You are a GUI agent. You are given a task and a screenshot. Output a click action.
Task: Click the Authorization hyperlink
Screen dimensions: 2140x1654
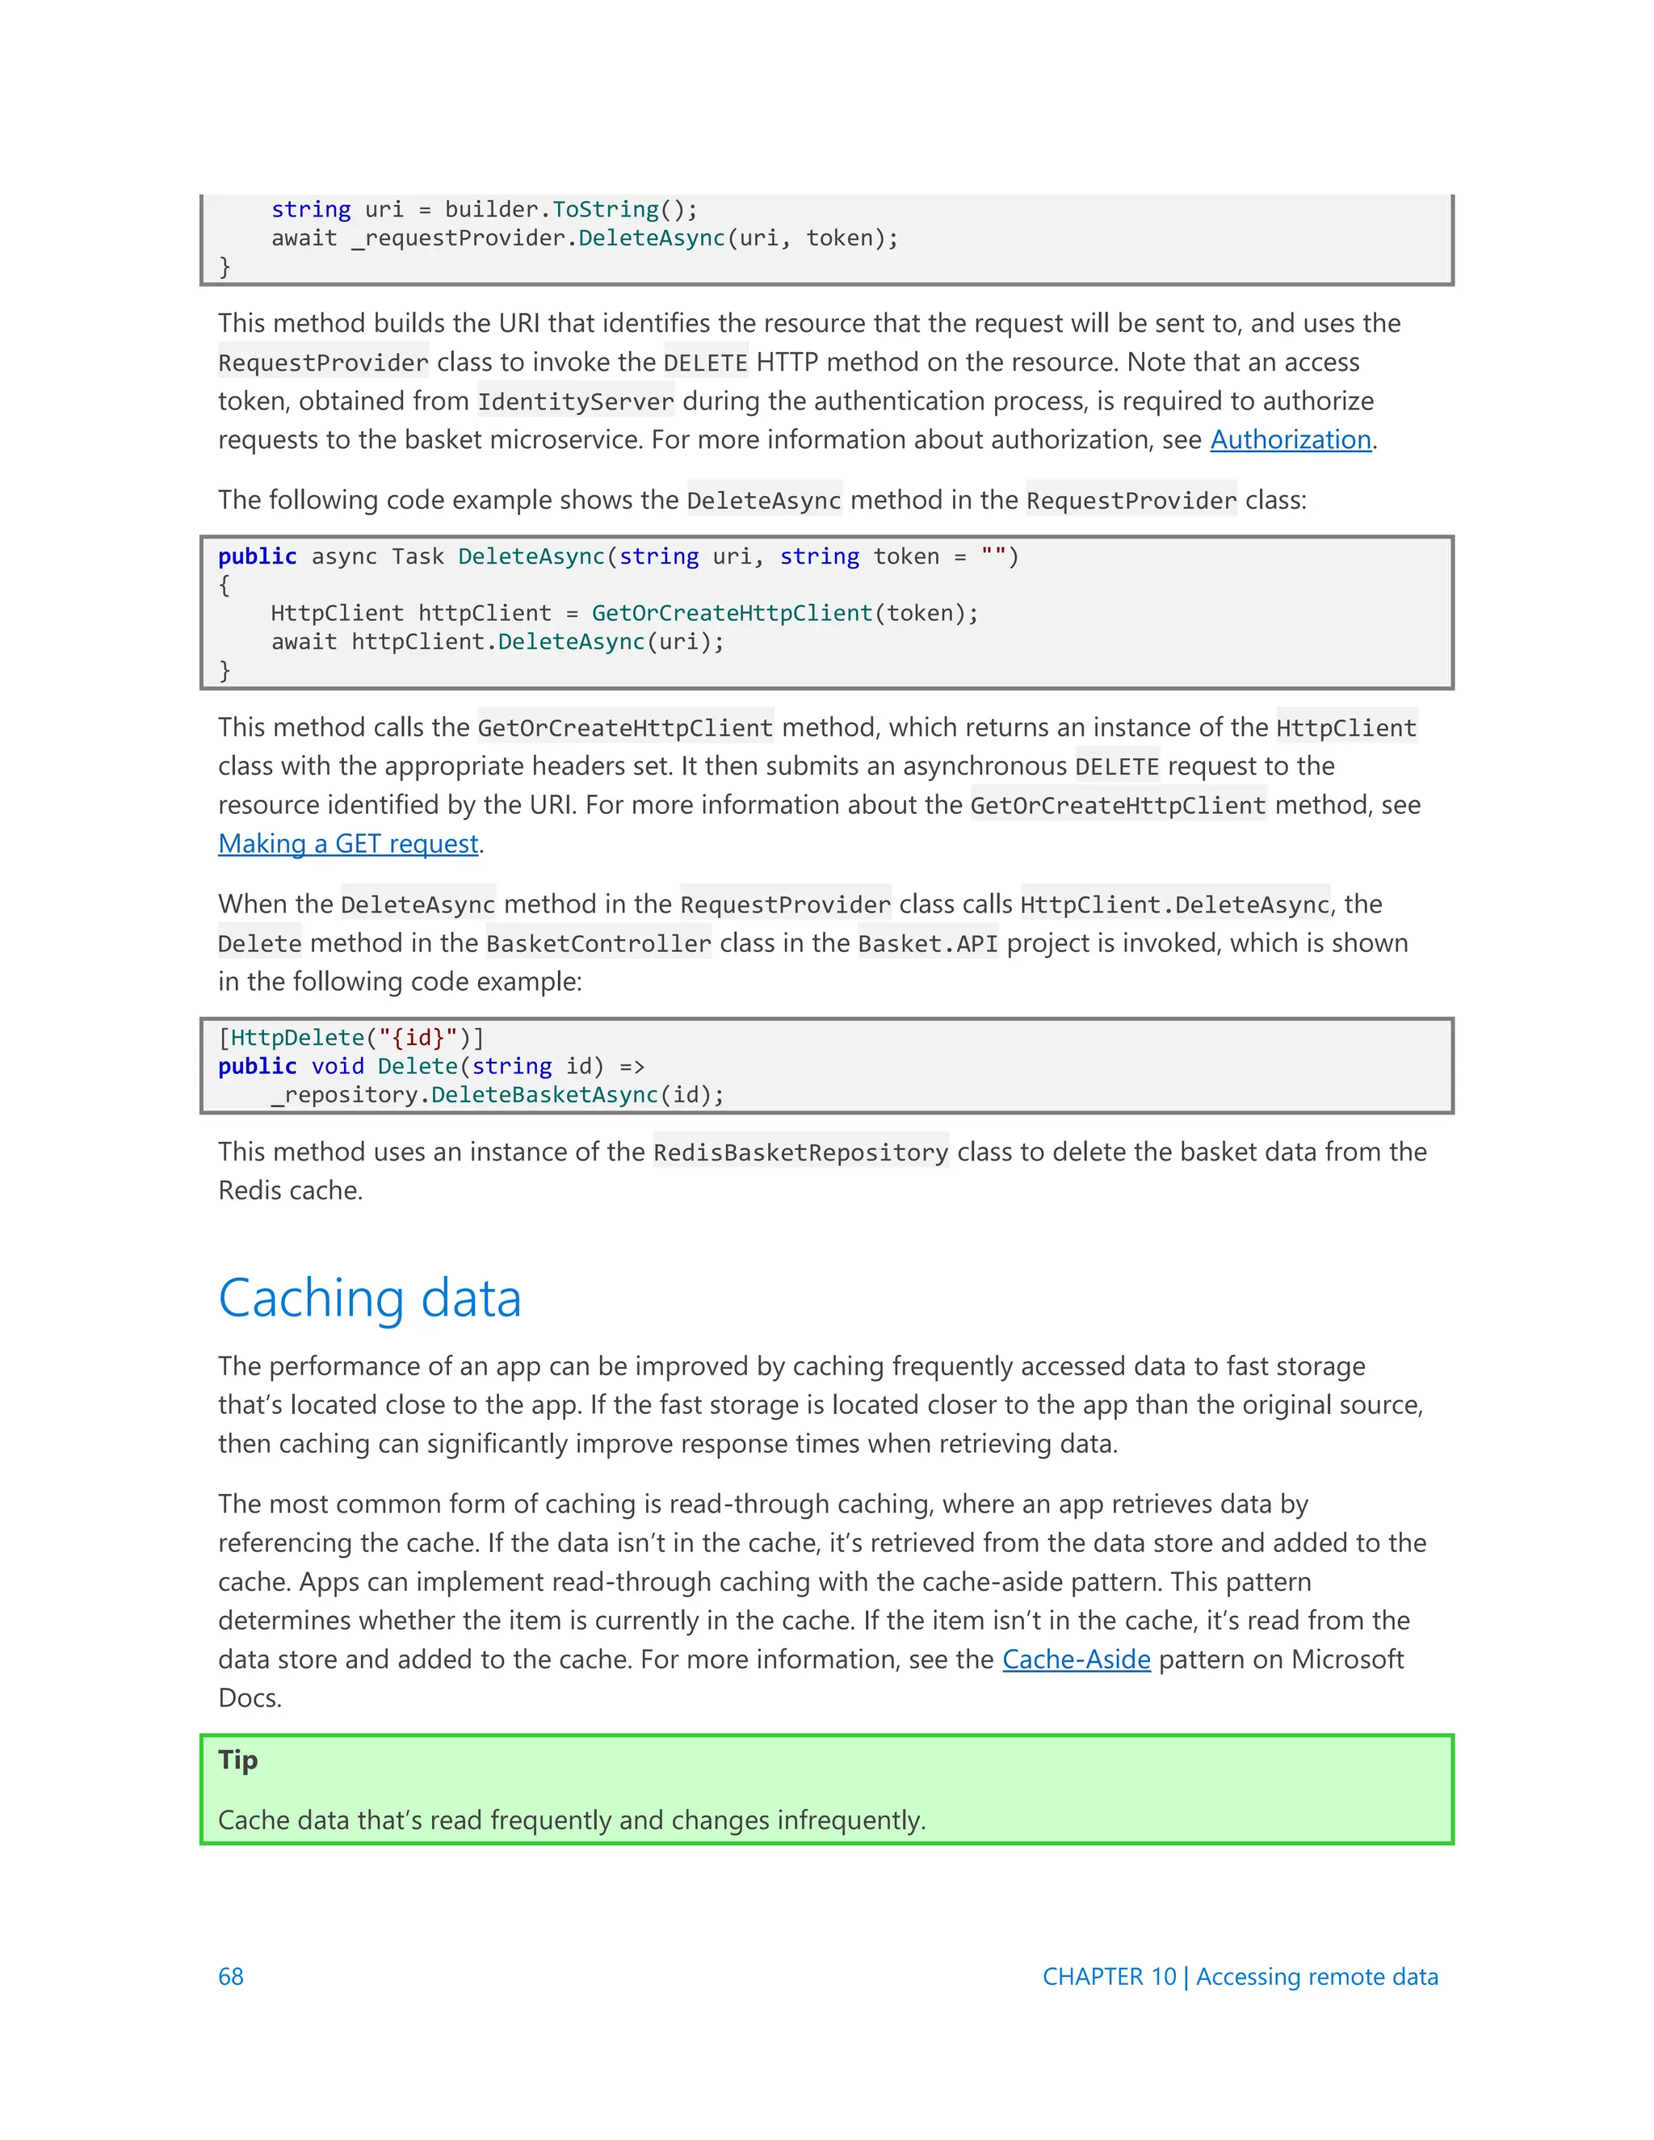pos(1290,440)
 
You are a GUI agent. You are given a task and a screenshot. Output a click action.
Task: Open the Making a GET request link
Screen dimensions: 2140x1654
pos(348,844)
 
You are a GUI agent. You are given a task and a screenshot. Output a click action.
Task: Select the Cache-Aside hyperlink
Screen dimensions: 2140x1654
pos(1076,1659)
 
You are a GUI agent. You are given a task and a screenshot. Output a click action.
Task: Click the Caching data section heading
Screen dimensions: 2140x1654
pos(369,1299)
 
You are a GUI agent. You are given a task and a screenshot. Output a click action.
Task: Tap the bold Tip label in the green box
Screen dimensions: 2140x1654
pos(238,1760)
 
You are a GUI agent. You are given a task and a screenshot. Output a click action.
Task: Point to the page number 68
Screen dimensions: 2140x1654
pos(231,1976)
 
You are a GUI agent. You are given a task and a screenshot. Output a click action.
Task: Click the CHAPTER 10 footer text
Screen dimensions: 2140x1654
pos(1108,1976)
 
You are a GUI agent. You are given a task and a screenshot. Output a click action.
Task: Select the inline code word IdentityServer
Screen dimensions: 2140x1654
pos(575,401)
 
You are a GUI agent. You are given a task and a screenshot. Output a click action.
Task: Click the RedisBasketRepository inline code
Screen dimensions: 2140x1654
pos(800,1152)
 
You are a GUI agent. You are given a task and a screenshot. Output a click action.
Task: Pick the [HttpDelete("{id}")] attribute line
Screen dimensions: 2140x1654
pos(351,1038)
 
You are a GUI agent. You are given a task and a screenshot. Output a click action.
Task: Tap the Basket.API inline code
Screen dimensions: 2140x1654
pos(927,943)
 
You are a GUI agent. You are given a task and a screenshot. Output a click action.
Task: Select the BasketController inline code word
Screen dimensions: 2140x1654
pos(598,943)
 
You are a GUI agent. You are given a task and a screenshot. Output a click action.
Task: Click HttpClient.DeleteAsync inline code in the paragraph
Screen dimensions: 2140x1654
pos(1173,904)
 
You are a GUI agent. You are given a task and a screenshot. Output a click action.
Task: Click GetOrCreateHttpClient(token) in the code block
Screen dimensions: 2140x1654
pos(784,614)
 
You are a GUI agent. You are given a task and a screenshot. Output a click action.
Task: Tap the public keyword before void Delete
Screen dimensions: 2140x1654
pos(257,1066)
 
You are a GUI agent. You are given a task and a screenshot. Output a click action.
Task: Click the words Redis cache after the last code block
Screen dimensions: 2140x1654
pos(289,1190)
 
